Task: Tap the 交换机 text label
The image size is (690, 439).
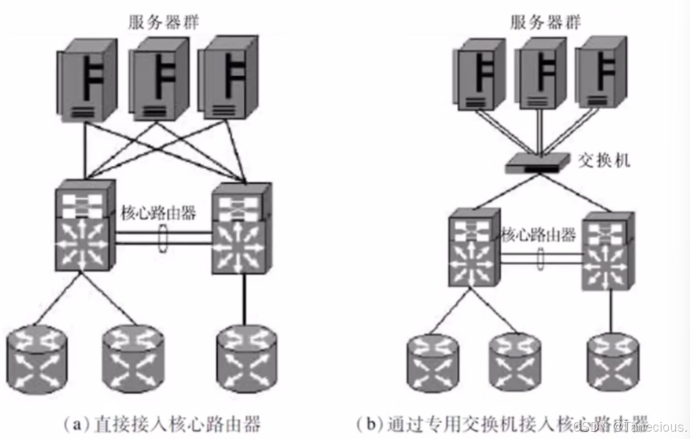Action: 604,161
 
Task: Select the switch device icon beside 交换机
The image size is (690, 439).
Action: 537,163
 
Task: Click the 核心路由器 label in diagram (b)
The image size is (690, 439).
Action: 539,234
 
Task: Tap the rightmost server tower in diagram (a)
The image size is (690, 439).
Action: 229,77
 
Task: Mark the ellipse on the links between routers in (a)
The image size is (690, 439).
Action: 162,238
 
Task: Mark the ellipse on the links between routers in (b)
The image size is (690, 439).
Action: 540,258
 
